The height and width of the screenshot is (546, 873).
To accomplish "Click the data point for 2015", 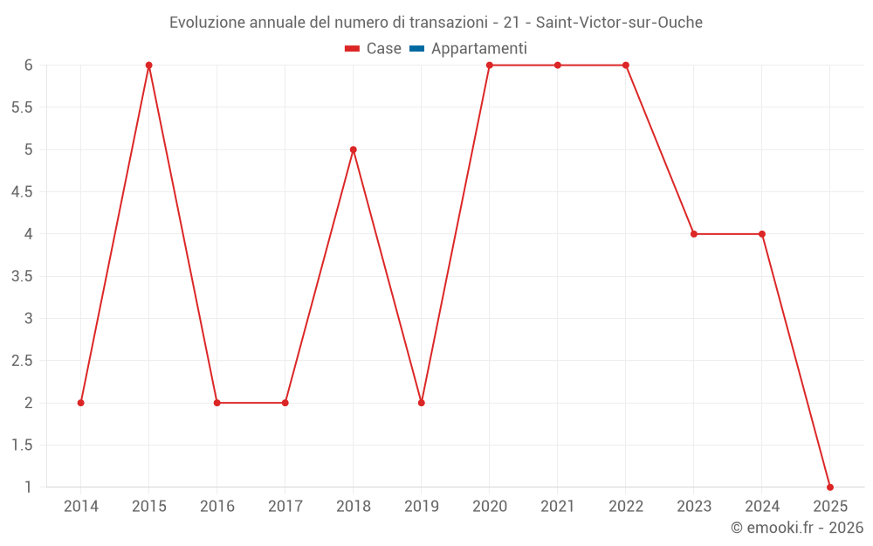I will (149, 65).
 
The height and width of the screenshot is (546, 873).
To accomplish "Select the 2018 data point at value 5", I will (354, 149).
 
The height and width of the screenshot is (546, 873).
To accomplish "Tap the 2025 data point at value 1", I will (830, 487).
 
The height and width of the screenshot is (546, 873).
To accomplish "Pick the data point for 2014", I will (81, 403).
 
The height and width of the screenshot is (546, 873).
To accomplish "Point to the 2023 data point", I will (694, 234).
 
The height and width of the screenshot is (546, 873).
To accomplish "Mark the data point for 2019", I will (422, 403).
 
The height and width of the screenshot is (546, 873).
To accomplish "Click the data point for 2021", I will (558, 65).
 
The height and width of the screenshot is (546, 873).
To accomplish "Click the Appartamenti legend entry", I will (478, 49).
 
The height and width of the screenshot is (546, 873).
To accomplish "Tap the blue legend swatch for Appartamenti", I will (416, 49).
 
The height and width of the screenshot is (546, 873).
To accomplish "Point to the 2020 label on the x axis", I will (490, 507).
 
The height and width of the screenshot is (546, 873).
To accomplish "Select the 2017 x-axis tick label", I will (285, 507).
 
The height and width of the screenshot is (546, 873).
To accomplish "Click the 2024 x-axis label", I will (762, 507).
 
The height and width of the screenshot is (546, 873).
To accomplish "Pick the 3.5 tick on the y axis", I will (22, 276).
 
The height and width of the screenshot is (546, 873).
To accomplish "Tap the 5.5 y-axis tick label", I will (22, 107).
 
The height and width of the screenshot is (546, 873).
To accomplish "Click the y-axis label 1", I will (28, 487).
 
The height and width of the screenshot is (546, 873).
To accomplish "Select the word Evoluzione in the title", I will (208, 22).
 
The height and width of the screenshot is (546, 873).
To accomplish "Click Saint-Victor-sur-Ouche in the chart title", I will (619, 22).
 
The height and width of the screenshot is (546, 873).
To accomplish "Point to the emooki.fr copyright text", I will (797, 528).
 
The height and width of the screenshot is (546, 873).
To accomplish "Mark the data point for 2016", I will (217, 403).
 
